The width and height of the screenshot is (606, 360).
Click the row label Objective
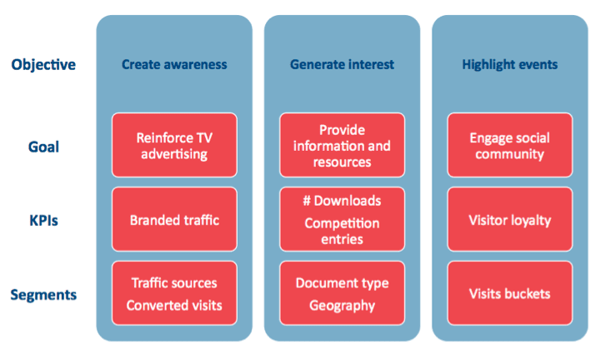click(x=43, y=64)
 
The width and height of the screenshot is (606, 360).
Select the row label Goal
click(x=43, y=147)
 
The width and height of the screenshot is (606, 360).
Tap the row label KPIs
click(x=43, y=221)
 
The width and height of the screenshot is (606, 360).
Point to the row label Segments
click(x=43, y=295)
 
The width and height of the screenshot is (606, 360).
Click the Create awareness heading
click(x=173, y=64)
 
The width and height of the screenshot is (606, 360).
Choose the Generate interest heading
click(x=342, y=64)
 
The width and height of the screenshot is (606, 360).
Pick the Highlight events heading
click(x=509, y=64)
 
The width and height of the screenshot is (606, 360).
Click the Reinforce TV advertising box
click(x=174, y=146)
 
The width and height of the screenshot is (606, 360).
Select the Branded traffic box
click(x=174, y=220)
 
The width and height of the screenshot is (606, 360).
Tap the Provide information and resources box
click(x=342, y=146)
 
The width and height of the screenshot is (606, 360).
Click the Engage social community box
click(x=510, y=146)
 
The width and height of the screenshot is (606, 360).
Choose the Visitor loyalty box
click(x=510, y=220)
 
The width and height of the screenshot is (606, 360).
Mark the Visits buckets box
click(x=510, y=294)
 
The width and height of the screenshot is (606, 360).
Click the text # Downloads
click(x=342, y=201)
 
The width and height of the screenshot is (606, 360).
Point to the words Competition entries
click(x=342, y=232)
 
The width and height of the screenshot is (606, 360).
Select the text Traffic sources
click(x=174, y=283)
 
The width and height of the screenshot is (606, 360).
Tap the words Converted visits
click(x=174, y=305)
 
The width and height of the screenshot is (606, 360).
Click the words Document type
click(x=342, y=283)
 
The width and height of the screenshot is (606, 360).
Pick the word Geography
click(x=342, y=305)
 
